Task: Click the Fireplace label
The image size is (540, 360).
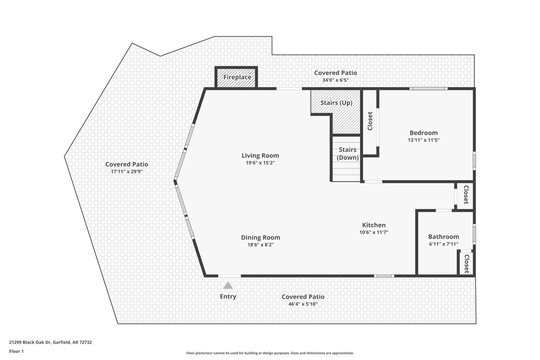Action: coord(237,78)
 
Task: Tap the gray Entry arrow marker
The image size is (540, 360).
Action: coord(228,285)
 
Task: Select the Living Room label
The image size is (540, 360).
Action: coord(260,156)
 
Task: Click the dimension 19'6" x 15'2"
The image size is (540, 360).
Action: coord(260,163)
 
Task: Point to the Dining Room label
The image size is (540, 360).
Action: coord(261,238)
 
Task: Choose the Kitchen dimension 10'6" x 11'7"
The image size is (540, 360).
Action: coord(373,232)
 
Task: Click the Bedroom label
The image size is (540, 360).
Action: coord(424,133)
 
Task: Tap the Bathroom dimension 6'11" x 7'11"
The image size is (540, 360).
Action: coord(444,244)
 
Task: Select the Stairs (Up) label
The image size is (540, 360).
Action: coord(336,103)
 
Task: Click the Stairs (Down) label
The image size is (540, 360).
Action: coord(348,154)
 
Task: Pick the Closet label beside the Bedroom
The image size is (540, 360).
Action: coord(370,121)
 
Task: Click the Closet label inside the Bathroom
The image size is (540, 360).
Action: coord(466,264)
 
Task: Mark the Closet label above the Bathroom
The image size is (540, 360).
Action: coord(466,195)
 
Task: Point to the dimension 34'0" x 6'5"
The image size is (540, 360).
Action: coord(335,80)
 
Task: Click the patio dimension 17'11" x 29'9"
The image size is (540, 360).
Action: coord(126,172)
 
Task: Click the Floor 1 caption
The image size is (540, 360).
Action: coord(16,351)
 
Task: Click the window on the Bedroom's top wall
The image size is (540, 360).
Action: coord(428,89)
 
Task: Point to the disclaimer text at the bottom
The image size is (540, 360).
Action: coord(270,353)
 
